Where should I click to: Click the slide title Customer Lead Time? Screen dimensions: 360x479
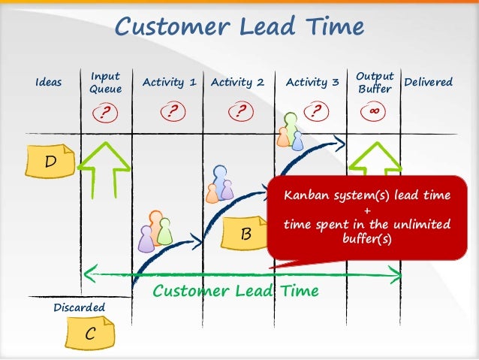pyautogui.click(x=239, y=27)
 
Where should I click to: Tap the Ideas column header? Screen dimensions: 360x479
pyautogui.click(x=49, y=83)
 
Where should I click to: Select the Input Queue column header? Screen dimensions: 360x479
pyautogui.click(x=106, y=83)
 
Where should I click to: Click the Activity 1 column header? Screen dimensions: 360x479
pyautogui.click(x=169, y=83)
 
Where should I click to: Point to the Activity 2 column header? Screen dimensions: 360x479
pyautogui.click(x=237, y=83)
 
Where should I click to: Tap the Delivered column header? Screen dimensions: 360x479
pyautogui.click(x=428, y=82)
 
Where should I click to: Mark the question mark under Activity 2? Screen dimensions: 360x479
pyautogui.click(x=240, y=113)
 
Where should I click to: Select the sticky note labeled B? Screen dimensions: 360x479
pyautogui.click(x=246, y=234)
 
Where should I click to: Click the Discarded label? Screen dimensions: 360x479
pyautogui.click(x=80, y=308)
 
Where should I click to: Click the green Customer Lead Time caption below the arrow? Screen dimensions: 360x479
pyautogui.click(x=236, y=290)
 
